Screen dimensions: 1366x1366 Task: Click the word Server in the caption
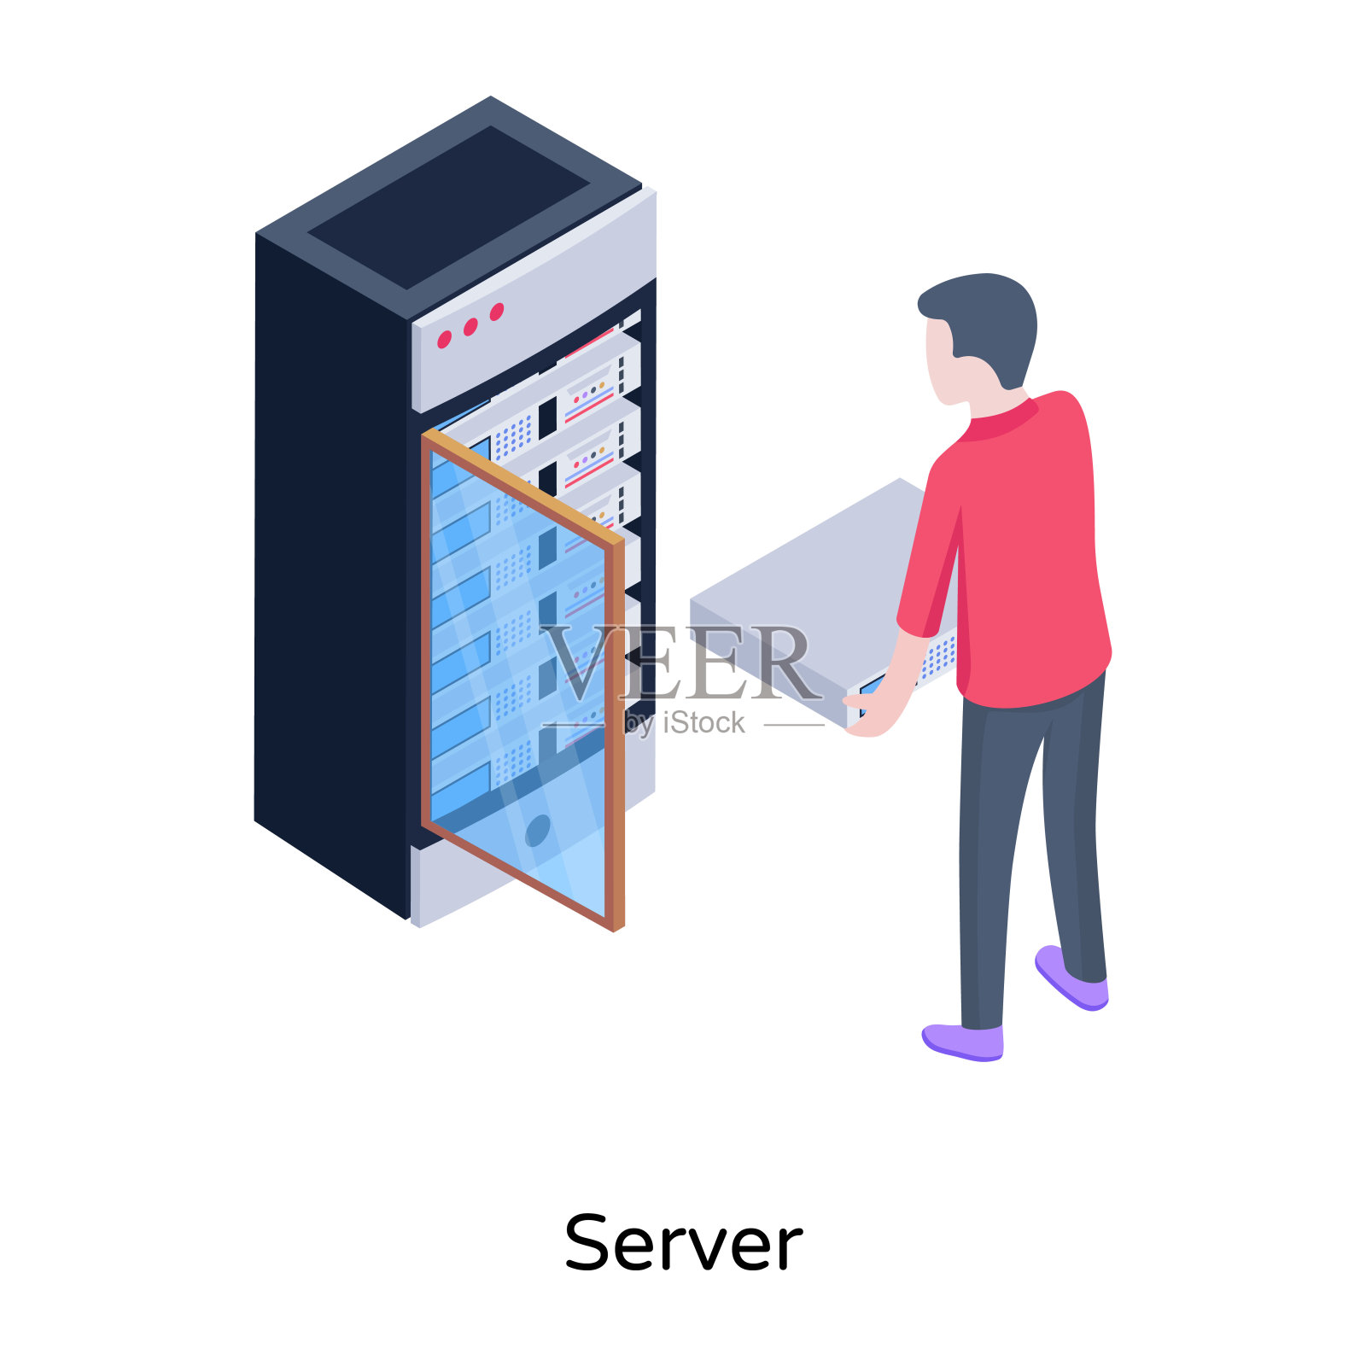pos(683,1244)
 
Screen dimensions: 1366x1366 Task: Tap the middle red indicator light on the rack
pos(470,326)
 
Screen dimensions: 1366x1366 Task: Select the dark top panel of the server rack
pos(448,205)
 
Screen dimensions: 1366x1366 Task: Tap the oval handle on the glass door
pos(538,830)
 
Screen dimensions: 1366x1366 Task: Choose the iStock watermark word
pos(704,723)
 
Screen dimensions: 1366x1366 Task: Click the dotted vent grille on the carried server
pos(939,657)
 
